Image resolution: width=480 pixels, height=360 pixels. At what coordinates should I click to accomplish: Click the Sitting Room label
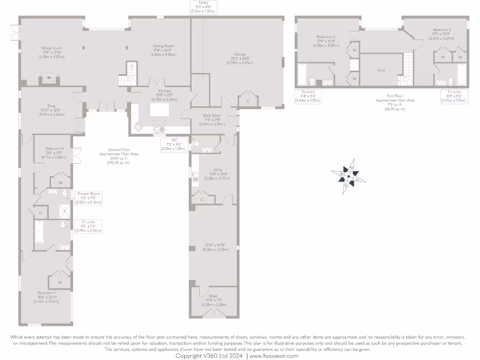(50, 48)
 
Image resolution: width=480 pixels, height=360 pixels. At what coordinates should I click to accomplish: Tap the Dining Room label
(163, 46)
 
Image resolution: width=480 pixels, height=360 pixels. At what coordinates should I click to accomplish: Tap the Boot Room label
(212, 115)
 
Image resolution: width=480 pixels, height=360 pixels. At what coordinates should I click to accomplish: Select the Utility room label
(217, 170)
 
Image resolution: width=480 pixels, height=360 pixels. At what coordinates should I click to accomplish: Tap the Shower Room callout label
(89, 193)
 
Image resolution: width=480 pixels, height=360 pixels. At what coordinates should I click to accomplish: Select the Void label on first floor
(381, 70)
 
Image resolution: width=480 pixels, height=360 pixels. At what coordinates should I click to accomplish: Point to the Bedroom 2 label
(325, 37)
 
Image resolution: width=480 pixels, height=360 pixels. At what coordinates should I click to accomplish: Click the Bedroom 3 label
(441, 30)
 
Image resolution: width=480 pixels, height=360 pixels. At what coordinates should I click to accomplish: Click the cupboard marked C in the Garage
(248, 101)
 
